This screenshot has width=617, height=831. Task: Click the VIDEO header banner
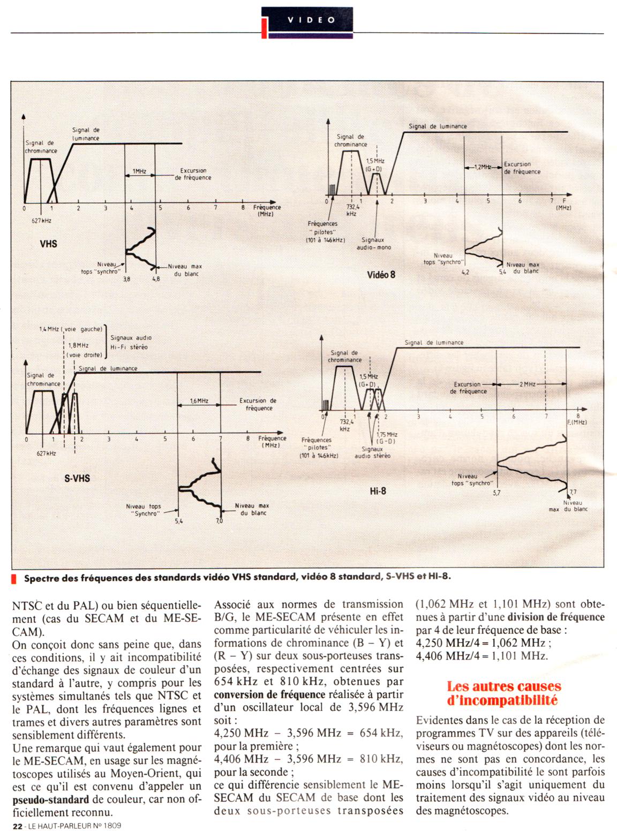click(311, 20)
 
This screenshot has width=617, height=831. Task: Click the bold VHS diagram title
click(48, 244)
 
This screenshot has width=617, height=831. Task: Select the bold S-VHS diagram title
click(77, 478)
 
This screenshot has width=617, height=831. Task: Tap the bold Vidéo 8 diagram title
click(381, 275)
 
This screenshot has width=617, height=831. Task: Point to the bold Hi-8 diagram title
click(378, 490)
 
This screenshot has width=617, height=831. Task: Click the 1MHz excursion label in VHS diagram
click(139, 171)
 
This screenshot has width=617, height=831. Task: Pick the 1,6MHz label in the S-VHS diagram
click(199, 401)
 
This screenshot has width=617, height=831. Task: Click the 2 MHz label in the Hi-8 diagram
click(527, 384)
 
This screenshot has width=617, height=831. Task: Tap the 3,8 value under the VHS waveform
click(126, 279)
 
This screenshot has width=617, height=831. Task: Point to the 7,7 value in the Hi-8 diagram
click(573, 492)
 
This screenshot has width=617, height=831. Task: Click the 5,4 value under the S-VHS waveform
click(178, 520)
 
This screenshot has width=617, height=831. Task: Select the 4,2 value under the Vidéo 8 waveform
click(465, 273)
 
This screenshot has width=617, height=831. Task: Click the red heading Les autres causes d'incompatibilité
click(504, 693)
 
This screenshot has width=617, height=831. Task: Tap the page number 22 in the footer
click(17, 826)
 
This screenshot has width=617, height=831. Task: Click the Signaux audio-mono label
click(374, 244)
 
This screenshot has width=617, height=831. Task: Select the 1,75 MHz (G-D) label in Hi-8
click(386, 437)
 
